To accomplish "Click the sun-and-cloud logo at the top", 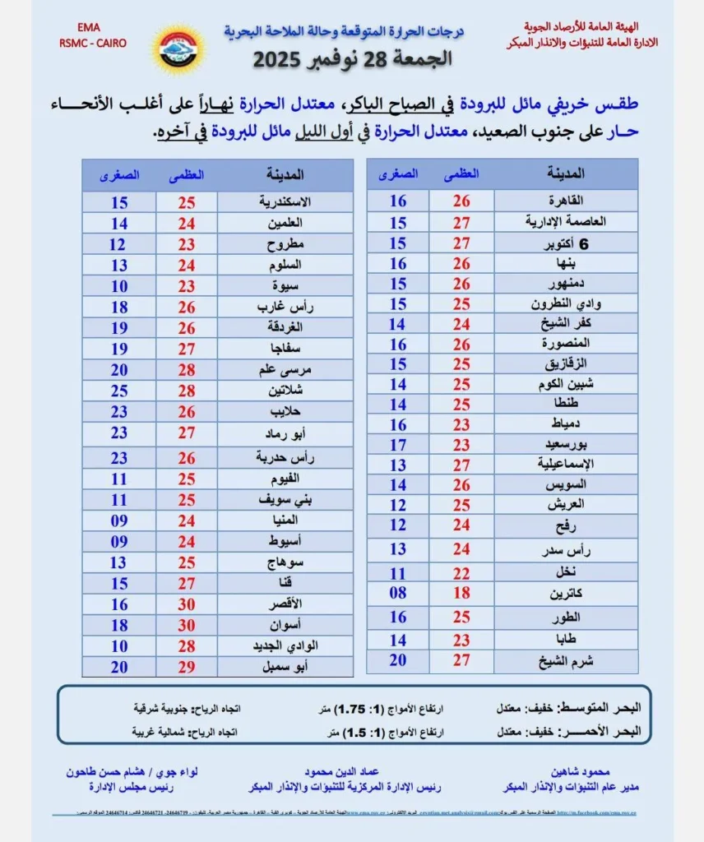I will click(x=178, y=49).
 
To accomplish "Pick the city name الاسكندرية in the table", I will click(x=285, y=201).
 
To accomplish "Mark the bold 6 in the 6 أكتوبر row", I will click(x=585, y=243).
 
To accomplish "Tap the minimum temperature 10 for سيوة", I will click(x=118, y=286).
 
